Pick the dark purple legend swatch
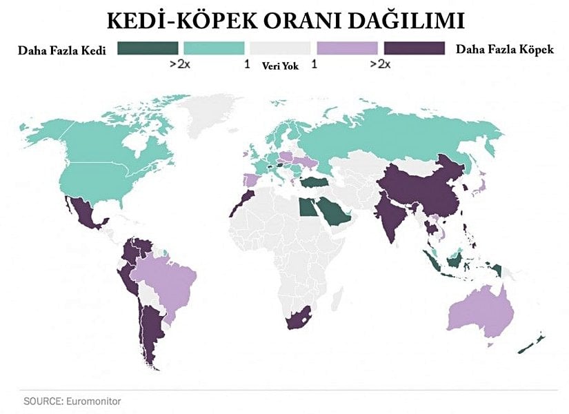(414, 48)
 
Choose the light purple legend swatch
(347, 48)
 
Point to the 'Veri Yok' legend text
(280, 66)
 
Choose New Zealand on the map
(535, 342)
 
